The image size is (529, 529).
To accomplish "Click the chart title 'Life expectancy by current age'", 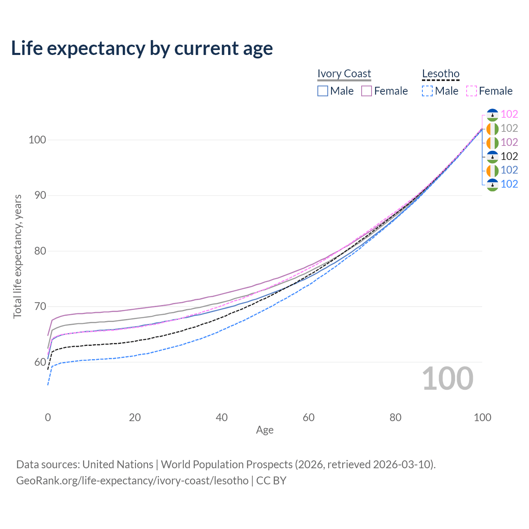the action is tap(142, 48).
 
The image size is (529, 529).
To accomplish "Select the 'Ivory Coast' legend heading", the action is tap(344, 74).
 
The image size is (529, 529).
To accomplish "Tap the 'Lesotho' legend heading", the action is tap(441, 74).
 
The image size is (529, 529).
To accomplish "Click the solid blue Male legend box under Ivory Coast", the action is tap(322, 91).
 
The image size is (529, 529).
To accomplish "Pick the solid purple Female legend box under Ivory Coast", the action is tap(366, 91).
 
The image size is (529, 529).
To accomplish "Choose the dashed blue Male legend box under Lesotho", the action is tap(427, 91).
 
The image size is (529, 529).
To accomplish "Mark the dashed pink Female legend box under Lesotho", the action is tap(472, 91).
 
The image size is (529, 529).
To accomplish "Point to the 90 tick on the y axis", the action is tap(40, 195).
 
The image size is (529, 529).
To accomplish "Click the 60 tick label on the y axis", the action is tap(40, 362).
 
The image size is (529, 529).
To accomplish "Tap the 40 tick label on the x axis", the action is tap(222, 417).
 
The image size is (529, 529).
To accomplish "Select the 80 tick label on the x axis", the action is tap(396, 417).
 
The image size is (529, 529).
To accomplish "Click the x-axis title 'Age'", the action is tap(264, 430).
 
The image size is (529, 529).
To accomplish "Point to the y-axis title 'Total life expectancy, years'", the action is tap(17, 257).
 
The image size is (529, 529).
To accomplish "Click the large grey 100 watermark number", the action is tap(448, 379).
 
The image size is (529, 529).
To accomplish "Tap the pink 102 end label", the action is tap(509, 114).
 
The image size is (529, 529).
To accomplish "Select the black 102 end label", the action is tap(509, 157).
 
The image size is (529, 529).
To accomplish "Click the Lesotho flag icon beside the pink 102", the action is tap(493, 115).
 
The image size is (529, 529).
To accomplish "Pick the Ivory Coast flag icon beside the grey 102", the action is tap(493, 129).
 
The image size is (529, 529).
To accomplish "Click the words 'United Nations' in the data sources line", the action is tap(118, 465).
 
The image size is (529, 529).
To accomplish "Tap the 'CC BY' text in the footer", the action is tap(271, 481).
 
